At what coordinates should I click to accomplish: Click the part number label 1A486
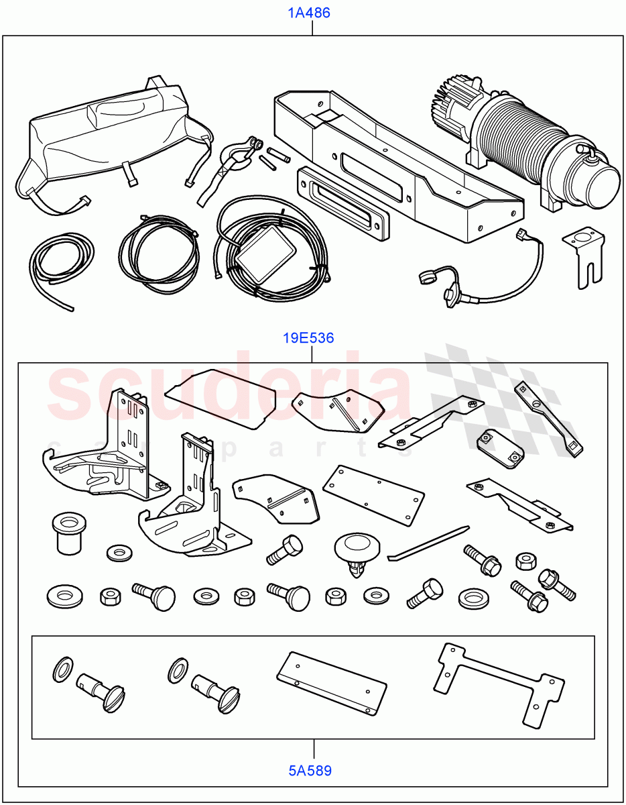click(x=309, y=13)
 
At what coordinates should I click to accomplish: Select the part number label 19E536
click(x=308, y=338)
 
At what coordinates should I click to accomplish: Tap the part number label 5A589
click(x=310, y=770)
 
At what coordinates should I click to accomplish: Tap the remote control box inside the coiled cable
click(x=265, y=256)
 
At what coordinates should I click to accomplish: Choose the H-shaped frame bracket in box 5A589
click(x=499, y=684)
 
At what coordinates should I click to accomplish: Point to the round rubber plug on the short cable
click(x=428, y=276)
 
